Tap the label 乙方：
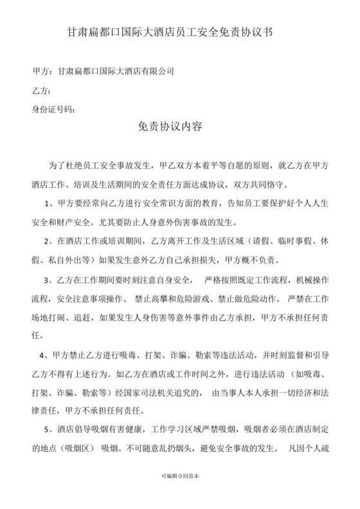pyautogui.click(x=41, y=91)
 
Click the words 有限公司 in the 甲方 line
pyautogui.click(x=157, y=71)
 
